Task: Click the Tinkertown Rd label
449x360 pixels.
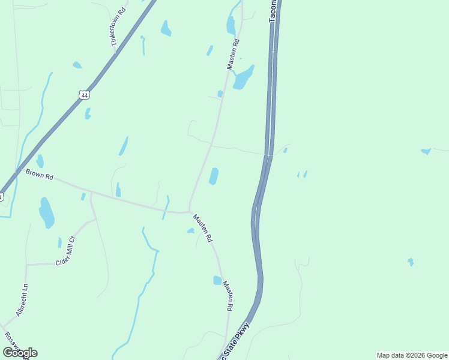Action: tap(118, 28)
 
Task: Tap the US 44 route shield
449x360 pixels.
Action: tap(83, 94)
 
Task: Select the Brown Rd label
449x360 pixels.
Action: tap(40, 175)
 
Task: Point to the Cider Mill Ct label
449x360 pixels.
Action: tap(66, 251)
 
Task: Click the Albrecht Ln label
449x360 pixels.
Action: tap(23, 300)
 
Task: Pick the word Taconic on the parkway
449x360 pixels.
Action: tap(274, 11)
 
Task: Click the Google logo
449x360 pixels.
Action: tap(20, 353)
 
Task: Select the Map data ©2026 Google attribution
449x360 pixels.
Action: tap(412, 355)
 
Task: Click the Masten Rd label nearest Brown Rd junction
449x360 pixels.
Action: tap(202, 228)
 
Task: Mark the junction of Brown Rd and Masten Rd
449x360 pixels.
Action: tap(190, 212)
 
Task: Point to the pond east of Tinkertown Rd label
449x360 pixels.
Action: tap(166, 28)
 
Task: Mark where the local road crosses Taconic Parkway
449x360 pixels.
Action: tap(268, 155)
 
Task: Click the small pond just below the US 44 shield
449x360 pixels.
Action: tap(88, 113)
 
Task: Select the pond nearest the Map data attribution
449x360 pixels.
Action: tap(411, 262)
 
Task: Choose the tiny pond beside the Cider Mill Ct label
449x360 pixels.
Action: tap(59, 242)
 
